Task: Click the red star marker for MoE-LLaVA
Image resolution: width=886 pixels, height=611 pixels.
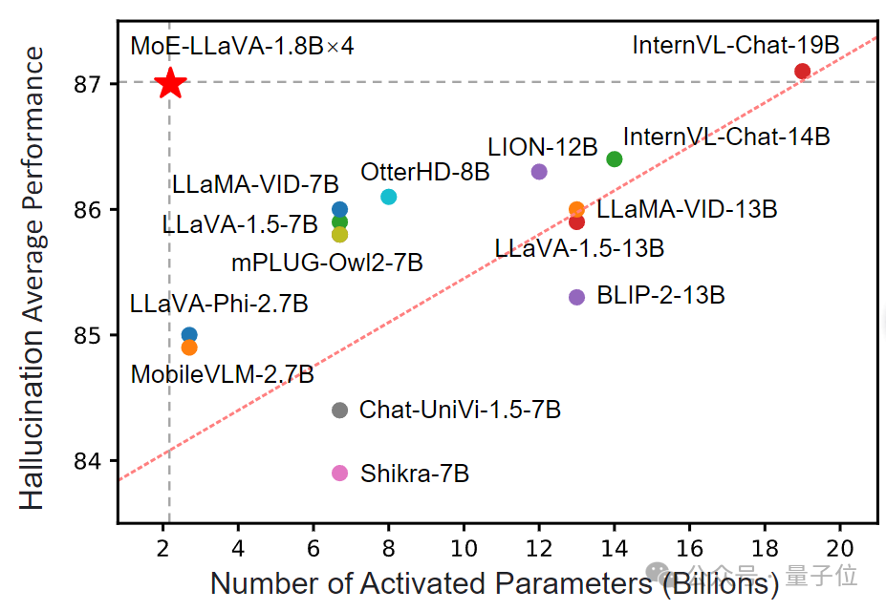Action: point(170,83)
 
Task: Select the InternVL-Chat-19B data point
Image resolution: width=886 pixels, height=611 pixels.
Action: point(802,71)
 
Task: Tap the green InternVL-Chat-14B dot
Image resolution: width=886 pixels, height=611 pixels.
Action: point(615,158)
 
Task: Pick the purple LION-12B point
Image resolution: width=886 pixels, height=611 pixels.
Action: point(539,172)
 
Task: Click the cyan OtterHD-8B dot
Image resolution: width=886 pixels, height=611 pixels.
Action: point(388,197)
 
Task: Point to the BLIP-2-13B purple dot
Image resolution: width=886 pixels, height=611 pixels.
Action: point(576,297)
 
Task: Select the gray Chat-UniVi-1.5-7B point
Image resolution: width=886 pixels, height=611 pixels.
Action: point(339,411)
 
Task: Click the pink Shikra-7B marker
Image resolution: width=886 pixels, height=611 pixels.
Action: point(339,473)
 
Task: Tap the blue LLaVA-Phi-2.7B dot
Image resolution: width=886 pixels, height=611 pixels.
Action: point(189,335)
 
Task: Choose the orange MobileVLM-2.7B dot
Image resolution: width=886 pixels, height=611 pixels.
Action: point(189,348)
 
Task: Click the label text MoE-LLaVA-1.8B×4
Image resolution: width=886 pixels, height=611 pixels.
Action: point(242,46)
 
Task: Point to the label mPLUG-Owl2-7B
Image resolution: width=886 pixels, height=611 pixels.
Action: point(327,262)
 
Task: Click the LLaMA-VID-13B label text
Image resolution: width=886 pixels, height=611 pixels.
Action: point(686,209)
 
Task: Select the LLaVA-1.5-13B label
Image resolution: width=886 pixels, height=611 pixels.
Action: point(579,248)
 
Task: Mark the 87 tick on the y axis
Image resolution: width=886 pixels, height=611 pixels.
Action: point(87,84)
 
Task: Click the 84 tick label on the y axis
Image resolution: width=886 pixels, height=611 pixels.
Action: point(87,461)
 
